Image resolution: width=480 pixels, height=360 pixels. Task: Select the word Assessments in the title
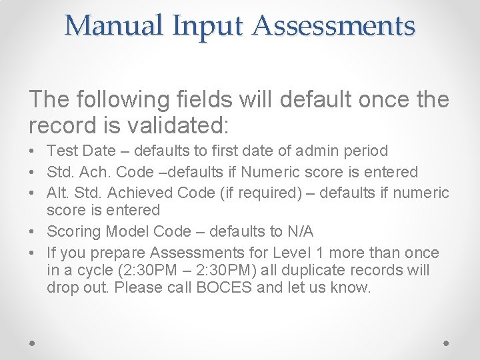[333, 26]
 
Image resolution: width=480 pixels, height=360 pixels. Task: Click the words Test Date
[79, 151]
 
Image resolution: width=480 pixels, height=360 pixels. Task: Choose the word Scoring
[71, 231]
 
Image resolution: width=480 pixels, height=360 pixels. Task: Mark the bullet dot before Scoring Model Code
[33, 232]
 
